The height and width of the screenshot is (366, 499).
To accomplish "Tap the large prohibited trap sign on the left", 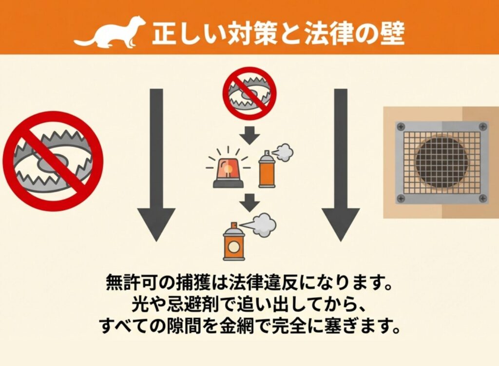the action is (x=53, y=161).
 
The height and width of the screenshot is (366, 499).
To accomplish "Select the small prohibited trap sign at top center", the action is (x=249, y=93).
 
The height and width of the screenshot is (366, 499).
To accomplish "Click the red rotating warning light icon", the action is (x=228, y=169).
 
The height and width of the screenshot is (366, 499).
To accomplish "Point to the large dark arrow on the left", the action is (x=156, y=165).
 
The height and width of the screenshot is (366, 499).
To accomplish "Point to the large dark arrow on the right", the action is (x=341, y=165).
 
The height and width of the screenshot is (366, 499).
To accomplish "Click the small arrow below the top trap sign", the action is (x=250, y=135).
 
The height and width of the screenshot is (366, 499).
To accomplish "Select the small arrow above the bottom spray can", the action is (x=250, y=203).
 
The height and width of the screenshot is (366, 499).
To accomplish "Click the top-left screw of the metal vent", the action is (x=401, y=126).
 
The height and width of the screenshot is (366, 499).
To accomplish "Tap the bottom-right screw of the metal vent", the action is (x=483, y=199).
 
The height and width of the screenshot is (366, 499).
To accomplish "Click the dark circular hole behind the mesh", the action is (x=441, y=163).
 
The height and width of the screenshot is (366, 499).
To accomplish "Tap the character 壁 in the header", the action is (x=392, y=34).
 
